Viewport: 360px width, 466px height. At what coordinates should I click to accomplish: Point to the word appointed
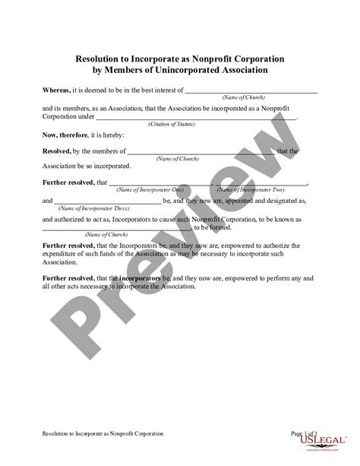[x=235, y=200]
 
